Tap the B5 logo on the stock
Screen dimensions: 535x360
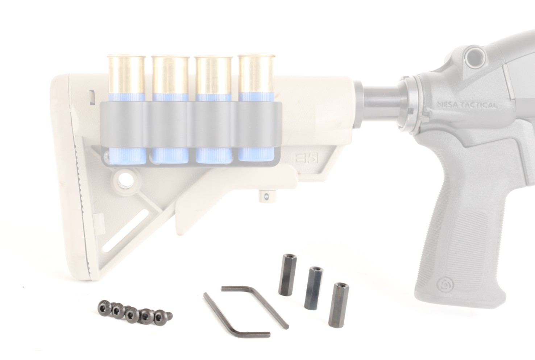pyautogui.click(x=306, y=158)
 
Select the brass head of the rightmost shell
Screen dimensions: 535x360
pyautogui.click(x=257, y=74)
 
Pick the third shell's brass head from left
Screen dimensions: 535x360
pyautogui.click(x=213, y=75)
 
